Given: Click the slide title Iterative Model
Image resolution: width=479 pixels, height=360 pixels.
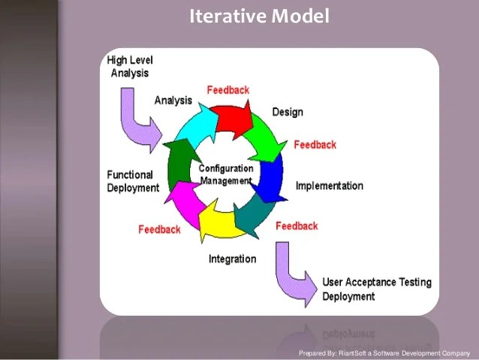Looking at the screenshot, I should point(259,16).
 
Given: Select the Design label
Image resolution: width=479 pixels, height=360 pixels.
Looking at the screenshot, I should point(288,112).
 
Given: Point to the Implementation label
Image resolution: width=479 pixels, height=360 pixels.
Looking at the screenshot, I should point(330,186).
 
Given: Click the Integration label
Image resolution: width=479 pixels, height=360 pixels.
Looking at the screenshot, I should point(232,259).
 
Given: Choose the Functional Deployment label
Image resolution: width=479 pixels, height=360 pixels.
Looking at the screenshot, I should point(133,181).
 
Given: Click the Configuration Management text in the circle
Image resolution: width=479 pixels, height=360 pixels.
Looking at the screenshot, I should point(225,174).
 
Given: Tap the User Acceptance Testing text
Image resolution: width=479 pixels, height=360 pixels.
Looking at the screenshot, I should point(377,283).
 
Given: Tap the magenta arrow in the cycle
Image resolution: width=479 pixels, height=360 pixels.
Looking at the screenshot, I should point(181,203).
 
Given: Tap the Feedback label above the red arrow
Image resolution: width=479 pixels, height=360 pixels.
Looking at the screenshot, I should point(227,90).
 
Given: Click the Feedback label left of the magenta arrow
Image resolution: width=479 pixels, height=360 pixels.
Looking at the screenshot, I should point(159,229).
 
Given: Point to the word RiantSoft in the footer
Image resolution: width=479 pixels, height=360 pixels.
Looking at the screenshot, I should point(352,352).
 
